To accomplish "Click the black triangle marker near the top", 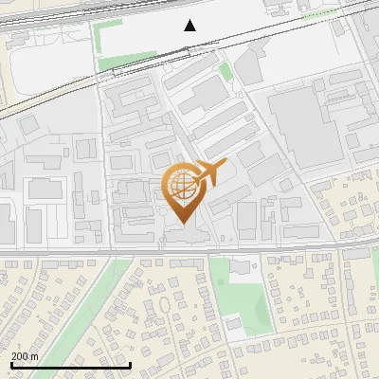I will point(190,26).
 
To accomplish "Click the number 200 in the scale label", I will point(20,356).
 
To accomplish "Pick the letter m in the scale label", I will point(34,356).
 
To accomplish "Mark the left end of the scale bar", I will point(11,365).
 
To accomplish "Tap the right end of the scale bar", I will point(130,365).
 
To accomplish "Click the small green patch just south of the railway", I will point(226,71).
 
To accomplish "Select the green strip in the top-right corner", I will point(320,14).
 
